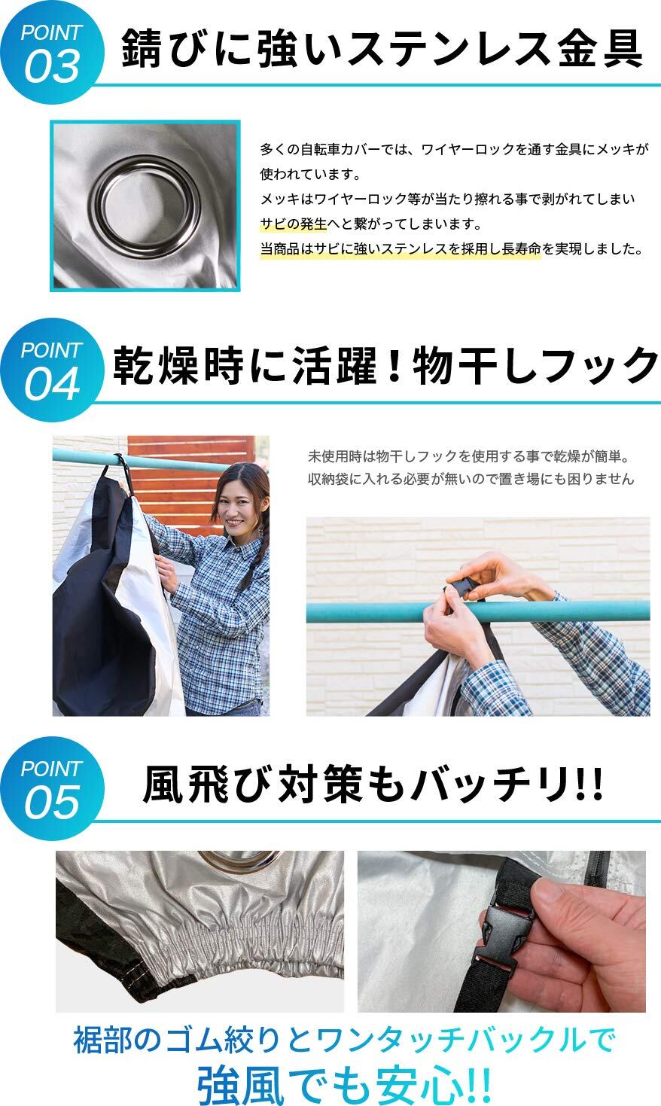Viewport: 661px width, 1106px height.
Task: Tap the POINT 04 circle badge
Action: point(52,370)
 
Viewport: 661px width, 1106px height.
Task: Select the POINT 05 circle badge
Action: point(52,788)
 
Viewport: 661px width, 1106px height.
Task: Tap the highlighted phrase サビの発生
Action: point(294,224)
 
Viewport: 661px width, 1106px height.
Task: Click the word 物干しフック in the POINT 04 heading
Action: point(536,366)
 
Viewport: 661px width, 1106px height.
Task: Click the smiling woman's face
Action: point(238,502)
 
